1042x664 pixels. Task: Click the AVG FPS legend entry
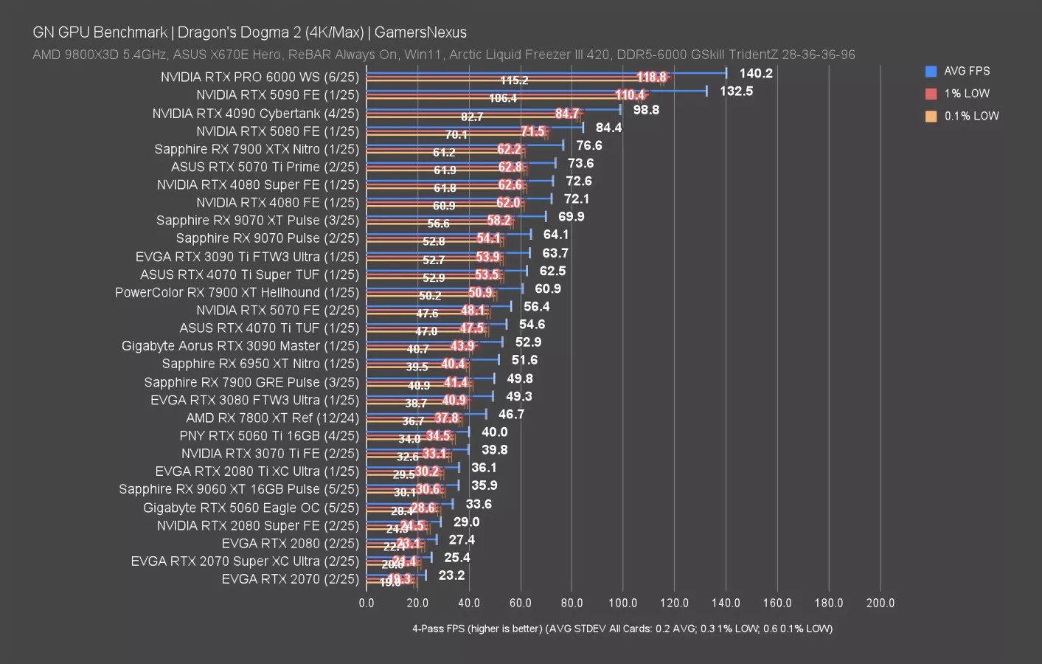pyautogui.click(x=966, y=72)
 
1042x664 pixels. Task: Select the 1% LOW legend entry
pyautogui.click(x=966, y=94)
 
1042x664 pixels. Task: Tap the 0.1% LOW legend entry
pyautogui.click(x=971, y=116)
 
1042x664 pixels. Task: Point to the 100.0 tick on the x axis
pyautogui.click(x=622, y=603)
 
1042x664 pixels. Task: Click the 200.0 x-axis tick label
pyautogui.click(x=880, y=603)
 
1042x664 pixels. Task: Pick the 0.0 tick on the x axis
pyautogui.click(x=367, y=603)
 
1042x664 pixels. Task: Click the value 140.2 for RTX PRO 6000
pyautogui.click(x=756, y=73)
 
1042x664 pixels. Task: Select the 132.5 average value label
pyautogui.click(x=736, y=91)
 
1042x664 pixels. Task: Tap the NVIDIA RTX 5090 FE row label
pyautogui.click(x=277, y=95)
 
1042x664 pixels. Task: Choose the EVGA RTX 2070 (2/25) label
pyautogui.click(x=290, y=579)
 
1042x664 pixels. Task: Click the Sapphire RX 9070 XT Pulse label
pyautogui.click(x=257, y=221)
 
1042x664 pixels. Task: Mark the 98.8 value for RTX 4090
pyautogui.click(x=646, y=110)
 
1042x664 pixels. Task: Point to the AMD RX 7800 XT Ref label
pyautogui.click(x=272, y=418)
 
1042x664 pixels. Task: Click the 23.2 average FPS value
pyautogui.click(x=451, y=575)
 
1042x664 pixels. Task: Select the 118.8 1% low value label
pyautogui.click(x=651, y=77)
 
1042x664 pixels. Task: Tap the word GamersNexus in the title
pyautogui.click(x=420, y=32)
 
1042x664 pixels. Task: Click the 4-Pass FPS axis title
pyautogui.click(x=622, y=629)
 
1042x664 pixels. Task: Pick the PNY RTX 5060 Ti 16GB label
pyautogui.click(x=269, y=436)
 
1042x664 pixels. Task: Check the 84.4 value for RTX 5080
pyautogui.click(x=608, y=128)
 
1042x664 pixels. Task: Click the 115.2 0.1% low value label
pyautogui.click(x=514, y=80)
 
